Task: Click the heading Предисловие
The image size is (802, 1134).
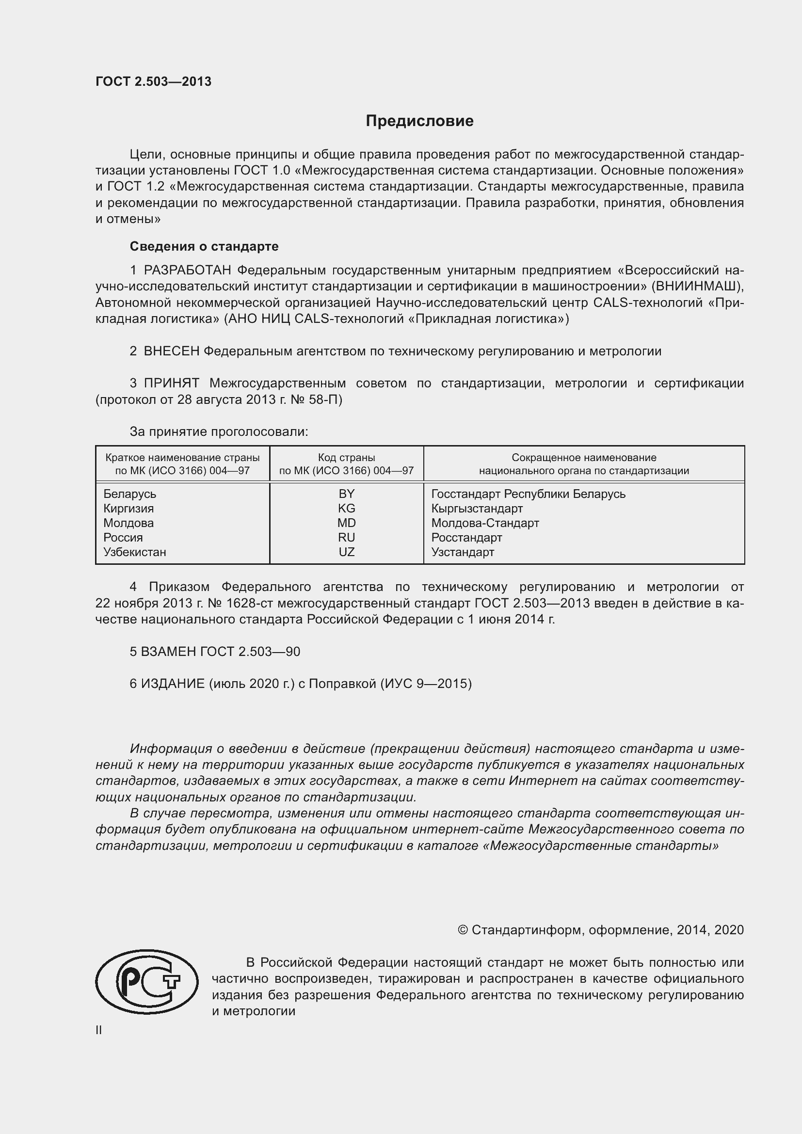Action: coord(419,121)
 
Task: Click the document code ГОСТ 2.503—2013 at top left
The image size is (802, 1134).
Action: coord(153,81)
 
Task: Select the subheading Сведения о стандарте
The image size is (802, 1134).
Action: coord(204,246)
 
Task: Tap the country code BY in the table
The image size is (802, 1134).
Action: coord(346,494)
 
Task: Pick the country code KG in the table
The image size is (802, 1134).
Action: coord(346,508)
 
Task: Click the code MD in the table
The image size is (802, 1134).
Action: coord(346,523)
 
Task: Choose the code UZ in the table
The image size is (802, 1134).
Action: coord(346,552)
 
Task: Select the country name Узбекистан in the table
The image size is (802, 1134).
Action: coord(134,552)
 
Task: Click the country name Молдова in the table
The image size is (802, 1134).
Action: coord(128,523)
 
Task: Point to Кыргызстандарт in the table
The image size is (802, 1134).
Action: coord(477,508)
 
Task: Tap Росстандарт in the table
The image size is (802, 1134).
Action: coord(466,537)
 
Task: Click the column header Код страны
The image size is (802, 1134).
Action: coord(346,457)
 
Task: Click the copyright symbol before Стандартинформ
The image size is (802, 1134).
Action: coord(462,930)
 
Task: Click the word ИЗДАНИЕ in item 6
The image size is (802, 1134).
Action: coord(173,684)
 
